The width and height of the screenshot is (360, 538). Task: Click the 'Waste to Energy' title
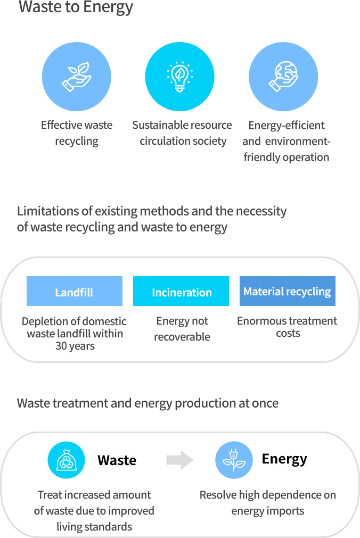pyautogui.click(x=76, y=7)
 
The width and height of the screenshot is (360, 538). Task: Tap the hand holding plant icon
pyautogui.click(x=76, y=77)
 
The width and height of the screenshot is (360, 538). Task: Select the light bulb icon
pyautogui.click(x=179, y=77)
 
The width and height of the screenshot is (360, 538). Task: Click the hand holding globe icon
pyautogui.click(x=283, y=77)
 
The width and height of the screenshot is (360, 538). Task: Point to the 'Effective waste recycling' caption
pyautogui.click(x=77, y=133)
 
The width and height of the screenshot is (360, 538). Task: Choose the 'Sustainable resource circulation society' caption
pyautogui.click(x=183, y=133)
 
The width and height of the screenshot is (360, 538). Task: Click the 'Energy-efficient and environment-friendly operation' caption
pyautogui.click(x=286, y=141)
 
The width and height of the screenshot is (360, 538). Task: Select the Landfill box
pyautogui.click(x=75, y=291)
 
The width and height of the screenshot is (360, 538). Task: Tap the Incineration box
pyautogui.click(x=181, y=291)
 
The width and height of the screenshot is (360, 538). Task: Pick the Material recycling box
pyautogui.click(x=288, y=291)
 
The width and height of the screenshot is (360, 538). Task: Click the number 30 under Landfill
pyautogui.click(x=61, y=346)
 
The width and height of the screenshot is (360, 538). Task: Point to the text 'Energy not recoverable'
pyautogui.click(x=182, y=329)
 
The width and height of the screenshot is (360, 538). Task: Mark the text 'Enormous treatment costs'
pyautogui.click(x=287, y=327)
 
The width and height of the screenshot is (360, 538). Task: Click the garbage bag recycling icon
pyautogui.click(x=66, y=460)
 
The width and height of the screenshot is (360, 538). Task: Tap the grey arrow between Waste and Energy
pyautogui.click(x=179, y=460)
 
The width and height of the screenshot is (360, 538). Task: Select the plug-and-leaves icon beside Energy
pyautogui.click(x=234, y=460)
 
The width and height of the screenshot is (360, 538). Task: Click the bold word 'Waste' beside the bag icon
pyautogui.click(x=117, y=460)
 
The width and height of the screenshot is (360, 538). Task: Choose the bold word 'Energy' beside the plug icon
pyautogui.click(x=284, y=459)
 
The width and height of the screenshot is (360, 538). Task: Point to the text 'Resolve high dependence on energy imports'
pyautogui.click(x=268, y=503)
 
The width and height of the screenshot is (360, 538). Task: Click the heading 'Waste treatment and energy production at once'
pyautogui.click(x=148, y=403)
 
